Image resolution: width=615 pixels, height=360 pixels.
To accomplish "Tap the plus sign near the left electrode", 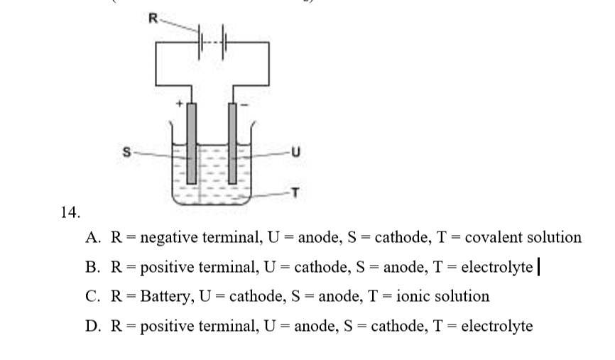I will (x=180, y=105).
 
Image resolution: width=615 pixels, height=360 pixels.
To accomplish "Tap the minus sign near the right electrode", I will (x=246, y=105).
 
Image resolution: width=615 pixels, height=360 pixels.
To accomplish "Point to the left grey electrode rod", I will (x=191, y=142).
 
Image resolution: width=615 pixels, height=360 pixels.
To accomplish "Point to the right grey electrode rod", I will (x=232, y=142).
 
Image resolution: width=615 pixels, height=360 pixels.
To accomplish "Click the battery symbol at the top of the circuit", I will (x=214, y=36).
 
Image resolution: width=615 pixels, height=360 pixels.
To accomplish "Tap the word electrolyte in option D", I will (x=497, y=326).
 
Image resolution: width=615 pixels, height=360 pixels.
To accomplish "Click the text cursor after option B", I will (x=540, y=267).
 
